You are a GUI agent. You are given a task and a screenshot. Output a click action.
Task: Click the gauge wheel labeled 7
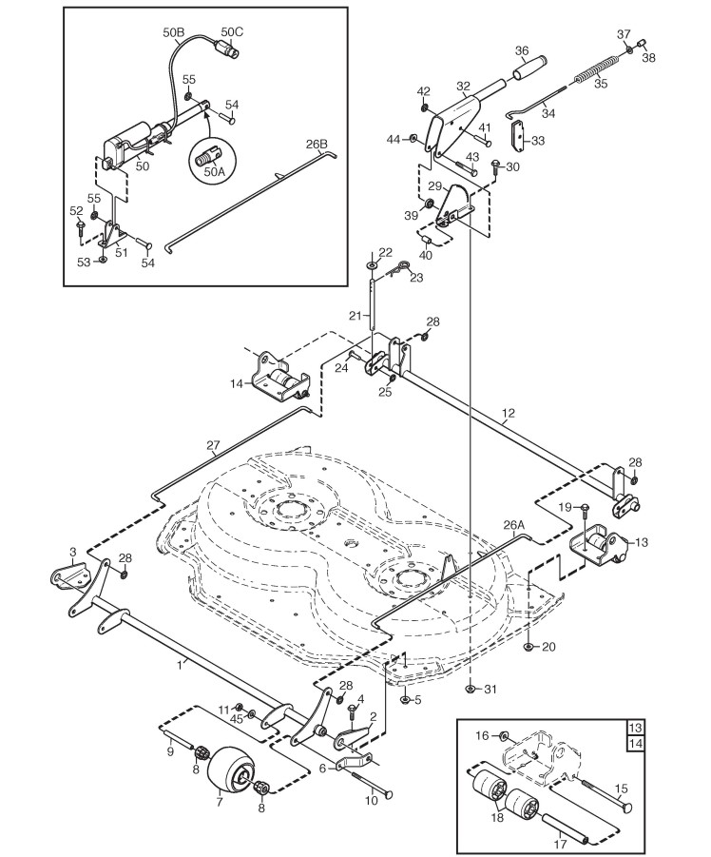230,770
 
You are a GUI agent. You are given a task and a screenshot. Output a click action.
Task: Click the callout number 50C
232,31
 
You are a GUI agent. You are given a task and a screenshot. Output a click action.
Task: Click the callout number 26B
317,145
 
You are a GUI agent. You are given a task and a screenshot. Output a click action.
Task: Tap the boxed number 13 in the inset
636,728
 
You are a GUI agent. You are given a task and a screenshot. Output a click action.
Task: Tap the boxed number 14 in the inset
636,743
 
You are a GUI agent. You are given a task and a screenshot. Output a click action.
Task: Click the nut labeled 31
471,689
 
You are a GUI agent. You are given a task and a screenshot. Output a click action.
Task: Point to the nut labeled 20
528,647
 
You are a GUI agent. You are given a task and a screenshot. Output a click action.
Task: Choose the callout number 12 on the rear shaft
508,413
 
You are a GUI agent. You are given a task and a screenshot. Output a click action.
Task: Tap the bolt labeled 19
584,510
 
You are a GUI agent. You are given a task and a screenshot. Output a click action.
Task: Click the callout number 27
213,445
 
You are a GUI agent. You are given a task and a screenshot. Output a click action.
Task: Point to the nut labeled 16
504,735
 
